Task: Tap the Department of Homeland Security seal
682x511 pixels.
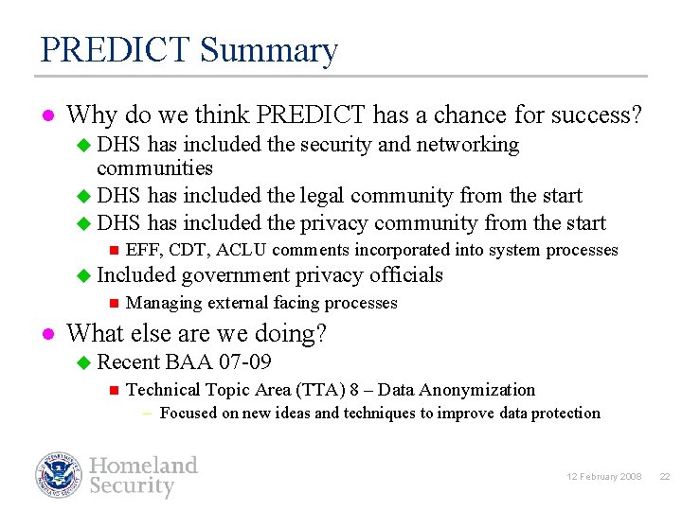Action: [x=59, y=475]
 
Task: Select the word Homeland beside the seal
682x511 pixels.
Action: [x=143, y=465]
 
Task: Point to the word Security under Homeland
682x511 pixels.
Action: [x=132, y=486]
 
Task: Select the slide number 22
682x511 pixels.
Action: [x=664, y=476]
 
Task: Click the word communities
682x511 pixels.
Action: [x=154, y=168]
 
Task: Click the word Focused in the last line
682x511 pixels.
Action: [x=189, y=413]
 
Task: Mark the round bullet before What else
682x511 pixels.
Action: [x=45, y=334]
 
